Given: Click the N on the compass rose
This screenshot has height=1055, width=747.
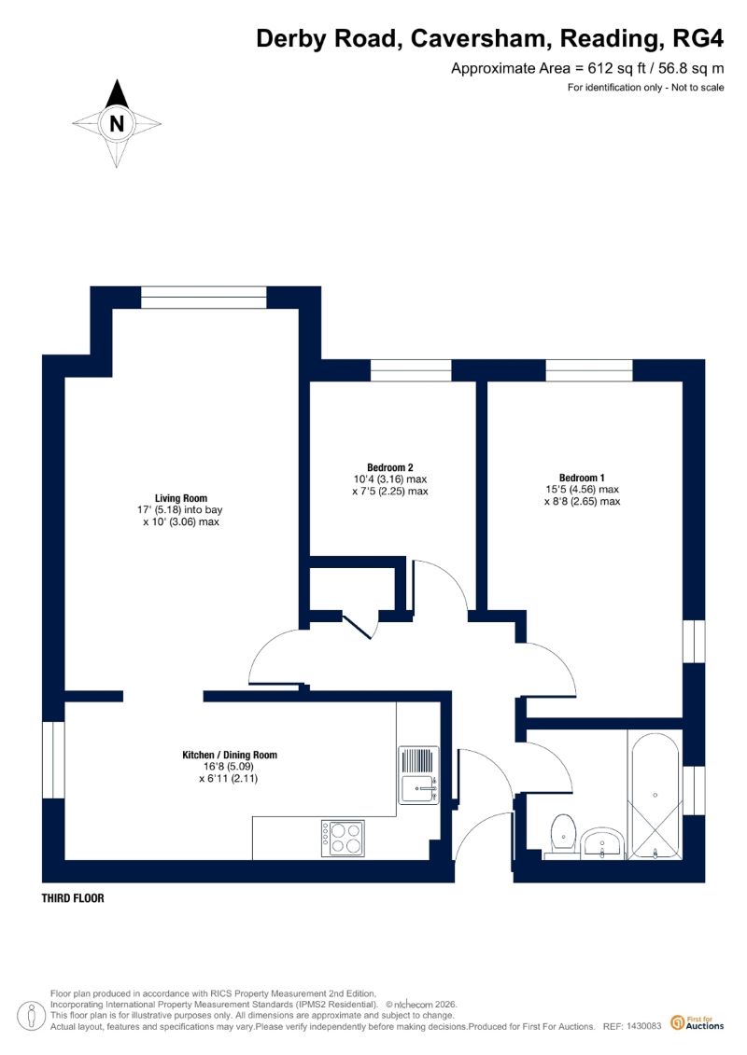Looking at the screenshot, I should (117, 123).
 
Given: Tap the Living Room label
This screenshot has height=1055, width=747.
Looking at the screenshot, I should (181, 498).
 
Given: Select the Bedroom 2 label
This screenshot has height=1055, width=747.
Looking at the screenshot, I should (390, 467).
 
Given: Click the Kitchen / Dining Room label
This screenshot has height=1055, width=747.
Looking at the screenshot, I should (229, 755).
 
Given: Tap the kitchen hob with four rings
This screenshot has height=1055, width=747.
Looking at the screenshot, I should (343, 837).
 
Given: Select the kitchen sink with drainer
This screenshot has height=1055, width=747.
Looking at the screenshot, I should (417, 774).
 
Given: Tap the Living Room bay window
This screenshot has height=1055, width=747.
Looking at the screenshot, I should (204, 298).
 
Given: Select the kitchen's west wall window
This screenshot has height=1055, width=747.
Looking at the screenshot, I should (53, 759).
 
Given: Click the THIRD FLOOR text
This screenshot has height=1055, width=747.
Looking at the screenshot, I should (73, 899).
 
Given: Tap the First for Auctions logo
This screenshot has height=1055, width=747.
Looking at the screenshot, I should (697, 1022).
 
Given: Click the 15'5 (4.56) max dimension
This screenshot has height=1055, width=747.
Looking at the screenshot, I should (582, 489).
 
